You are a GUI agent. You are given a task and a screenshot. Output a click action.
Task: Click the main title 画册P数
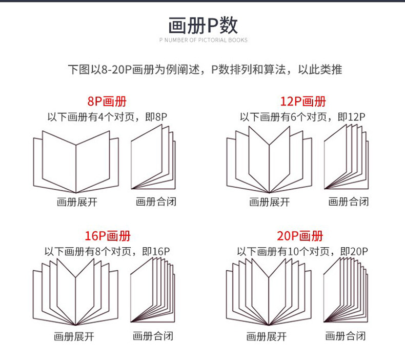(203, 25)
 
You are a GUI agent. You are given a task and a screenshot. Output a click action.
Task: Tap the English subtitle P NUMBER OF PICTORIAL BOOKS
(204, 40)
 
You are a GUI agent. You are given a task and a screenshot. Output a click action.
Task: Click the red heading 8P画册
(107, 102)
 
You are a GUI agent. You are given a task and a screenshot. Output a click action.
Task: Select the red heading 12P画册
(303, 102)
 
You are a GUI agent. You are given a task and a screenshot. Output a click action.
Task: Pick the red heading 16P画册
(108, 236)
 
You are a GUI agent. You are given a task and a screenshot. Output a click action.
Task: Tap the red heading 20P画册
(300, 236)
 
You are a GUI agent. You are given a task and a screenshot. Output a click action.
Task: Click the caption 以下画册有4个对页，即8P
(107, 117)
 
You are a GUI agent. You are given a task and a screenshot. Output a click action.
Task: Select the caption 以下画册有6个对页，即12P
(302, 117)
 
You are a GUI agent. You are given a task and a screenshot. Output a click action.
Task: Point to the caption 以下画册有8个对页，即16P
(107, 251)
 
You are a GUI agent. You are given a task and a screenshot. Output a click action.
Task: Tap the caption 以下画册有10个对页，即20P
(302, 251)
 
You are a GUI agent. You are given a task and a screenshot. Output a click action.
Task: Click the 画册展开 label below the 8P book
(77, 202)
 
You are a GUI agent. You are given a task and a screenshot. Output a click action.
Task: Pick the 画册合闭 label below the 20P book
(346, 336)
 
